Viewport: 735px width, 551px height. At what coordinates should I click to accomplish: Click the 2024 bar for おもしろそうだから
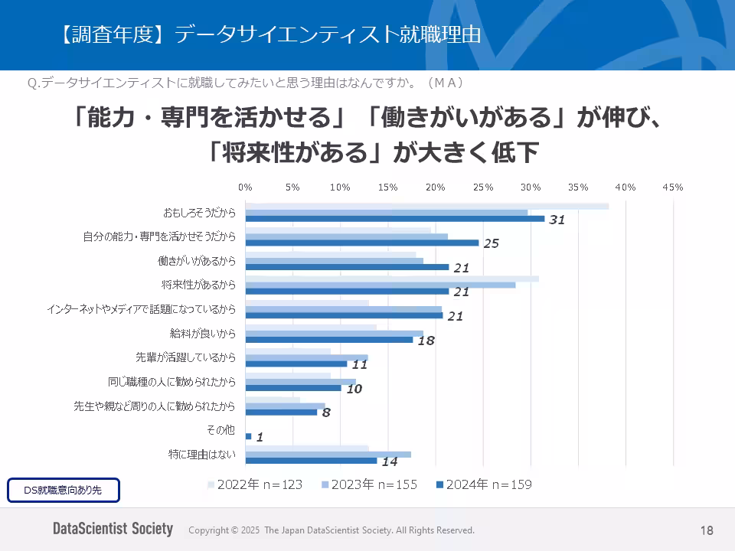(x=394, y=219)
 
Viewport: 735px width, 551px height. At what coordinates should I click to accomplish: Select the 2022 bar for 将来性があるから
(x=391, y=279)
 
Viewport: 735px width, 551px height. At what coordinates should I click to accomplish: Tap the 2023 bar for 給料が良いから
(x=334, y=334)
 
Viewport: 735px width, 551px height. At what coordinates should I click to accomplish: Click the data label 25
(x=491, y=243)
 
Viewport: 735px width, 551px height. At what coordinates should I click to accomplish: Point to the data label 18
(x=426, y=341)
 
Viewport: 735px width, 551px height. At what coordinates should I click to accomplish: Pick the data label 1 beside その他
(x=260, y=437)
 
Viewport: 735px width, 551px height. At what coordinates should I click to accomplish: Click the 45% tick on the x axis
(x=673, y=187)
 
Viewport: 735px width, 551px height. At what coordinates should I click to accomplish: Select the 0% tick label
(x=245, y=187)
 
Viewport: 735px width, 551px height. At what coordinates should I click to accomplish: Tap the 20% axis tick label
(x=435, y=187)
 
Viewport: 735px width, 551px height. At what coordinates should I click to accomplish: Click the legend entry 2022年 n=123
(x=255, y=484)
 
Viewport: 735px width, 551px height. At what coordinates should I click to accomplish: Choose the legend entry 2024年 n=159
(x=483, y=484)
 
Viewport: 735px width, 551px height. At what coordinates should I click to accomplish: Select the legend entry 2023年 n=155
(x=369, y=484)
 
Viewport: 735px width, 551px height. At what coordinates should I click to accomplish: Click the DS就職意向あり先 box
(x=64, y=490)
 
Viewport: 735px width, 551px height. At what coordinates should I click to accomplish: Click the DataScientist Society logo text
(x=113, y=530)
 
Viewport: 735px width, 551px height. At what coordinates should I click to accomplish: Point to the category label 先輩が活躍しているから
(x=185, y=357)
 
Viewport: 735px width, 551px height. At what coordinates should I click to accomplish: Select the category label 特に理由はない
(x=202, y=455)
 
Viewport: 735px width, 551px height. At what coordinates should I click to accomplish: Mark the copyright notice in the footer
(x=331, y=530)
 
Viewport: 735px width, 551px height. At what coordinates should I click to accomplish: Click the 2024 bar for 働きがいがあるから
(x=347, y=267)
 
